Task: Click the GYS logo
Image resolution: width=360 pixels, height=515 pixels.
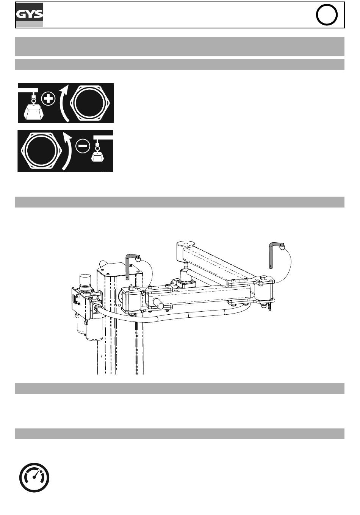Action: pyautogui.click(x=30, y=15)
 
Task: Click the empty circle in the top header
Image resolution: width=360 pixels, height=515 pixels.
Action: pyautogui.click(x=326, y=15)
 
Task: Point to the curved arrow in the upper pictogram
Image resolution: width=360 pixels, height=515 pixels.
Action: pyautogui.click(x=65, y=103)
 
